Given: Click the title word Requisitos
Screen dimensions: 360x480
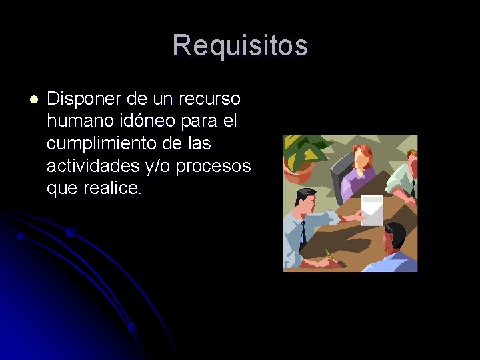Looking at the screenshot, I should pyautogui.click(x=240, y=46).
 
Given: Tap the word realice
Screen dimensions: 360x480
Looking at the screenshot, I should pyautogui.click(x=114, y=188).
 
